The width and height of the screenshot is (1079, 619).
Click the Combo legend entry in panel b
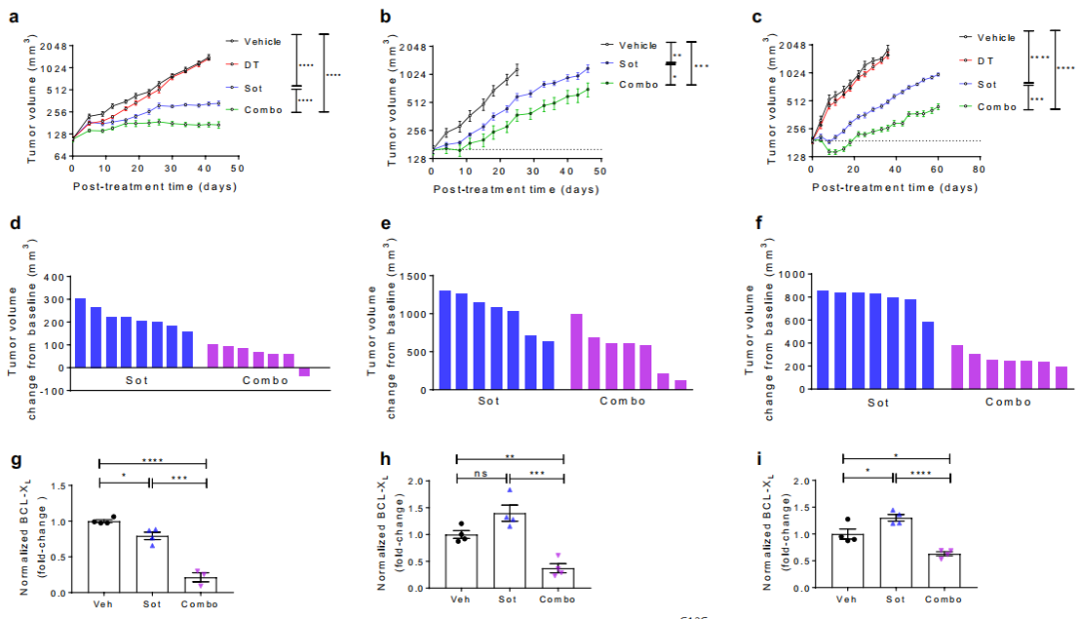(638, 85)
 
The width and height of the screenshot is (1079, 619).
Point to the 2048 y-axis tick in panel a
(53, 46)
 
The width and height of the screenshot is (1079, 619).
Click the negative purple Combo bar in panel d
(304, 372)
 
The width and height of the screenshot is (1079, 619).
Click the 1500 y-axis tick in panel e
(413, 275)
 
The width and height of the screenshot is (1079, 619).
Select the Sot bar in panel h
(510, 552)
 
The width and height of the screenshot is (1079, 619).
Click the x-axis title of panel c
(895, 188)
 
